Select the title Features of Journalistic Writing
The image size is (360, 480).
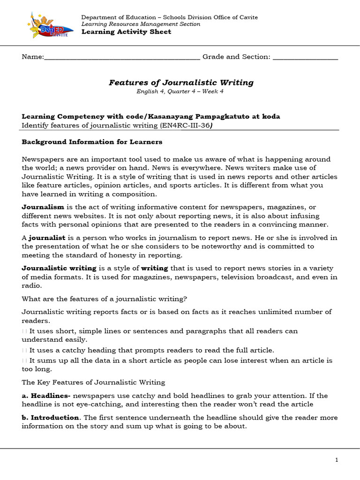pos(181,82)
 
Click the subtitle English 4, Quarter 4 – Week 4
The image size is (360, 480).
pos(180,91)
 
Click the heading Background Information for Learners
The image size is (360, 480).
pos(92,142)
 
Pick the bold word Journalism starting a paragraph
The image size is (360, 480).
pos(43,207)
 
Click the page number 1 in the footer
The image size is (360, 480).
pos(337,460)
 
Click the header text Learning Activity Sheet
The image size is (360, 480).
pos(126,32)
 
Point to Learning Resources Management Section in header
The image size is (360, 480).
pos(141,24)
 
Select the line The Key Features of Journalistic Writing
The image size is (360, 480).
pos(93,382)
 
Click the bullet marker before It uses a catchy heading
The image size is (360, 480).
pos(24,350)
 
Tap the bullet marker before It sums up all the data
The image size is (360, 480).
pos(24,360)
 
